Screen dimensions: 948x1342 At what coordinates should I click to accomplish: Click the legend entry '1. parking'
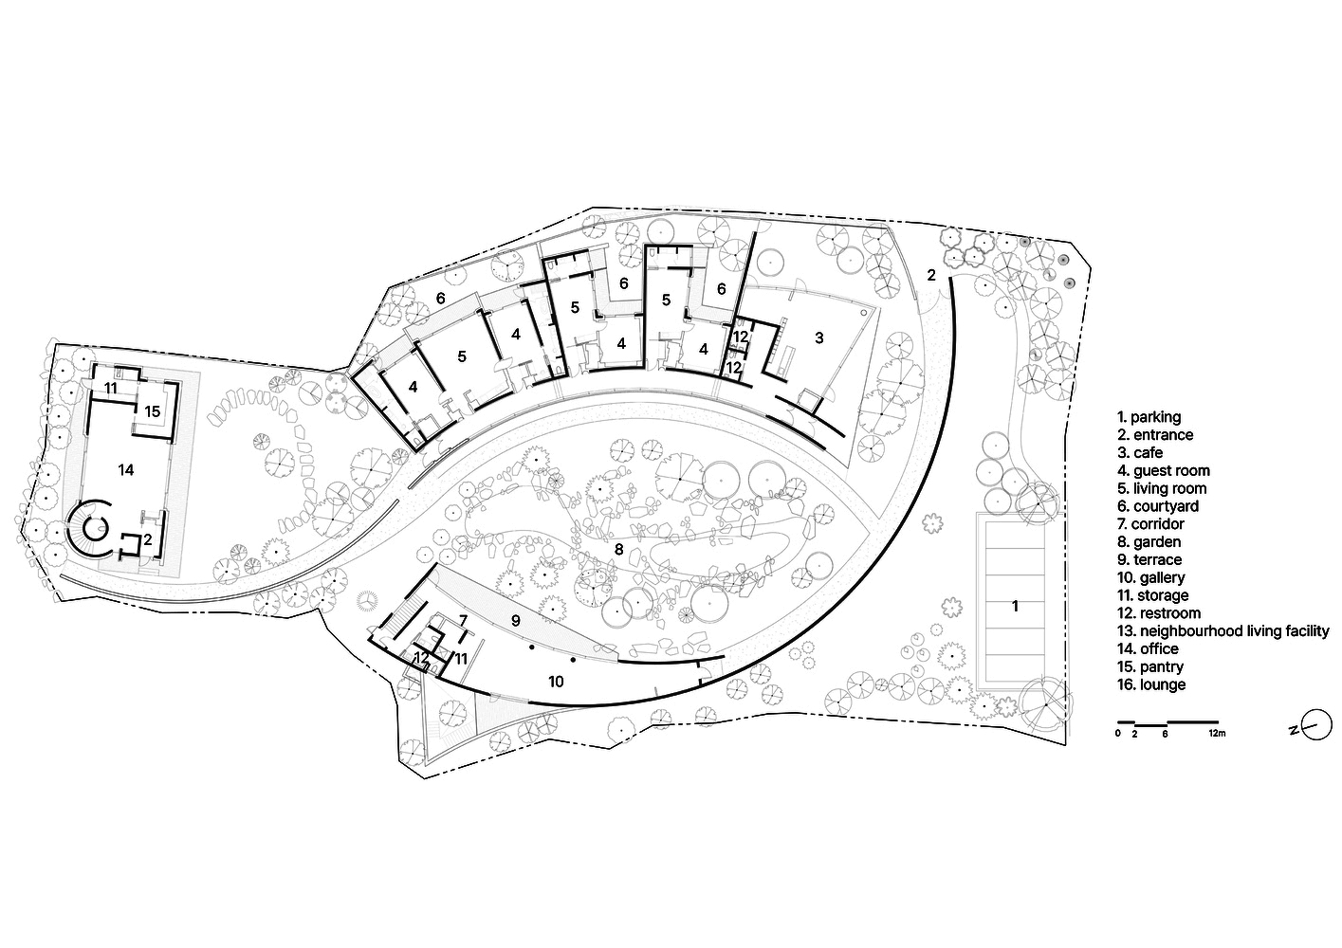[1149, 417]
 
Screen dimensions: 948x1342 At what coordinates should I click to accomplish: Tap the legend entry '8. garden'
[1149, 542]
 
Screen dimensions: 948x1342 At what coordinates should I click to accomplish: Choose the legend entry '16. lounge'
[1150, 684]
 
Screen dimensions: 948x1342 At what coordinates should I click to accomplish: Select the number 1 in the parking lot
[1015, 606]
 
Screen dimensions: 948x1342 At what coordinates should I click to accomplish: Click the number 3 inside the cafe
[819, 337]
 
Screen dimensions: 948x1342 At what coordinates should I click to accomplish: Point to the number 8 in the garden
[617, 549]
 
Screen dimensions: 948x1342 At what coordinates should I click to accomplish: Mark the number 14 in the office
[126, 469]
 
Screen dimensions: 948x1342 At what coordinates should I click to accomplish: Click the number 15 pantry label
[152, 410]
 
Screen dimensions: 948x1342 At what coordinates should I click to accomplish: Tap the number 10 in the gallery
[556, 681]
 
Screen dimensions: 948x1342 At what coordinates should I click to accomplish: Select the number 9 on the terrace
[516, 620]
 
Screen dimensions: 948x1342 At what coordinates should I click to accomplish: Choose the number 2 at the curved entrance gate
[930, 276]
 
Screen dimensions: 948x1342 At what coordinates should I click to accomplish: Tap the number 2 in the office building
[147, 539]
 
